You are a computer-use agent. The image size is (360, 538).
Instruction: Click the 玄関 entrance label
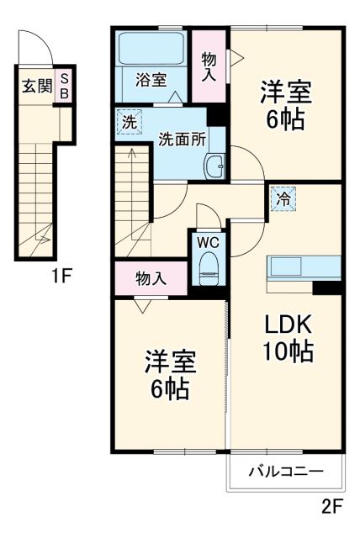35,85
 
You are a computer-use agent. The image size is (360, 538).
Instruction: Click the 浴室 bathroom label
151,80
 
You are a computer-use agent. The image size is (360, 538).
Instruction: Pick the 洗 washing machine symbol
129,121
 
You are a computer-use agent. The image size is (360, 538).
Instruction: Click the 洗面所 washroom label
183,139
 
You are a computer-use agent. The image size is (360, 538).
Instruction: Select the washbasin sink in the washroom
215,165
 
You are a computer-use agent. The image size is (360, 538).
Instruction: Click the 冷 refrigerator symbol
283,199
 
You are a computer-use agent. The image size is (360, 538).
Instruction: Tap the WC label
207,242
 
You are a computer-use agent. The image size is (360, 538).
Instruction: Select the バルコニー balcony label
285,472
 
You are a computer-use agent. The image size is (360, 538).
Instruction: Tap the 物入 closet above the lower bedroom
151,277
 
